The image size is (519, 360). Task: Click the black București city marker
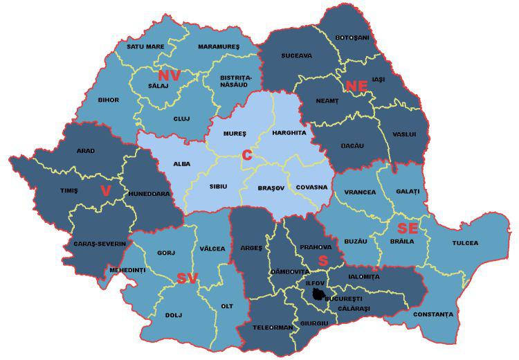click(318, 295)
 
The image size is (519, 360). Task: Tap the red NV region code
click(169, 75)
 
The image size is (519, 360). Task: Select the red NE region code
click(355, 86)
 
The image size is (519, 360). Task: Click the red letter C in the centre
click(246, 156)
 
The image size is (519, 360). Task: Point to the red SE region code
click(406, 228)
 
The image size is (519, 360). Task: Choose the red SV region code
click(187, 278)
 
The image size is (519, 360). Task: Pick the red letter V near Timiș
click(105, 190)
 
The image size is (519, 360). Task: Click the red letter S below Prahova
click(322, 260)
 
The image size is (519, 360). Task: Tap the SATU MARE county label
click(145, 47)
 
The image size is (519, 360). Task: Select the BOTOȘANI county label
click(352, 37)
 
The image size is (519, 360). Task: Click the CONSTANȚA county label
click(432, 314)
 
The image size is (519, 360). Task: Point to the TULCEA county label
click(465, 243)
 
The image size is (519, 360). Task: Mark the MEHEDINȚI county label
click(127, 270)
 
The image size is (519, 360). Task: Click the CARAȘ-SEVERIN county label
click(100, 244)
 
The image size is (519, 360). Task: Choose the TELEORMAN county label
click(273, 327)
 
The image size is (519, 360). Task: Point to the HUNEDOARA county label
click(149, 194)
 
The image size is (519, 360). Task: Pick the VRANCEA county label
click(360, 192)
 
